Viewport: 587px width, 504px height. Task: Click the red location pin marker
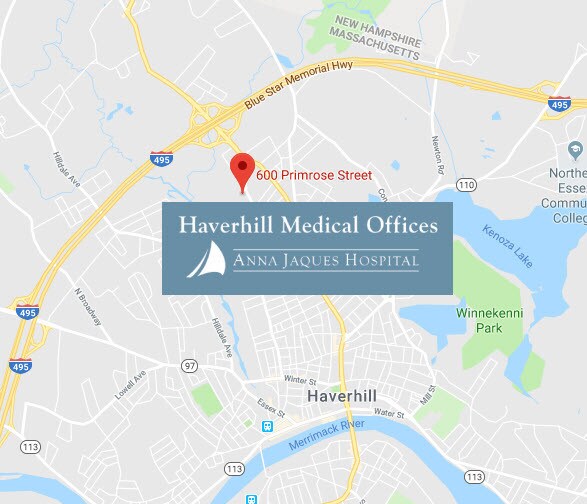pyautogui.click(x=241, y=170)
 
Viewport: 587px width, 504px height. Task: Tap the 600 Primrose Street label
pyautogui.click(x=314, y=175)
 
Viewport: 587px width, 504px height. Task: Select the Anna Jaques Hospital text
pyautogui.click(x=326, y=262)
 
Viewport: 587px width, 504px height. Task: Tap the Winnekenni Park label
pyautogui.click(x=484, y=320)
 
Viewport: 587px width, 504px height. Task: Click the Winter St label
pyautogui.click(x=299, y=380)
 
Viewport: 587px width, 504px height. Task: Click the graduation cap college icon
pyautogui.click(x=576, y=150)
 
